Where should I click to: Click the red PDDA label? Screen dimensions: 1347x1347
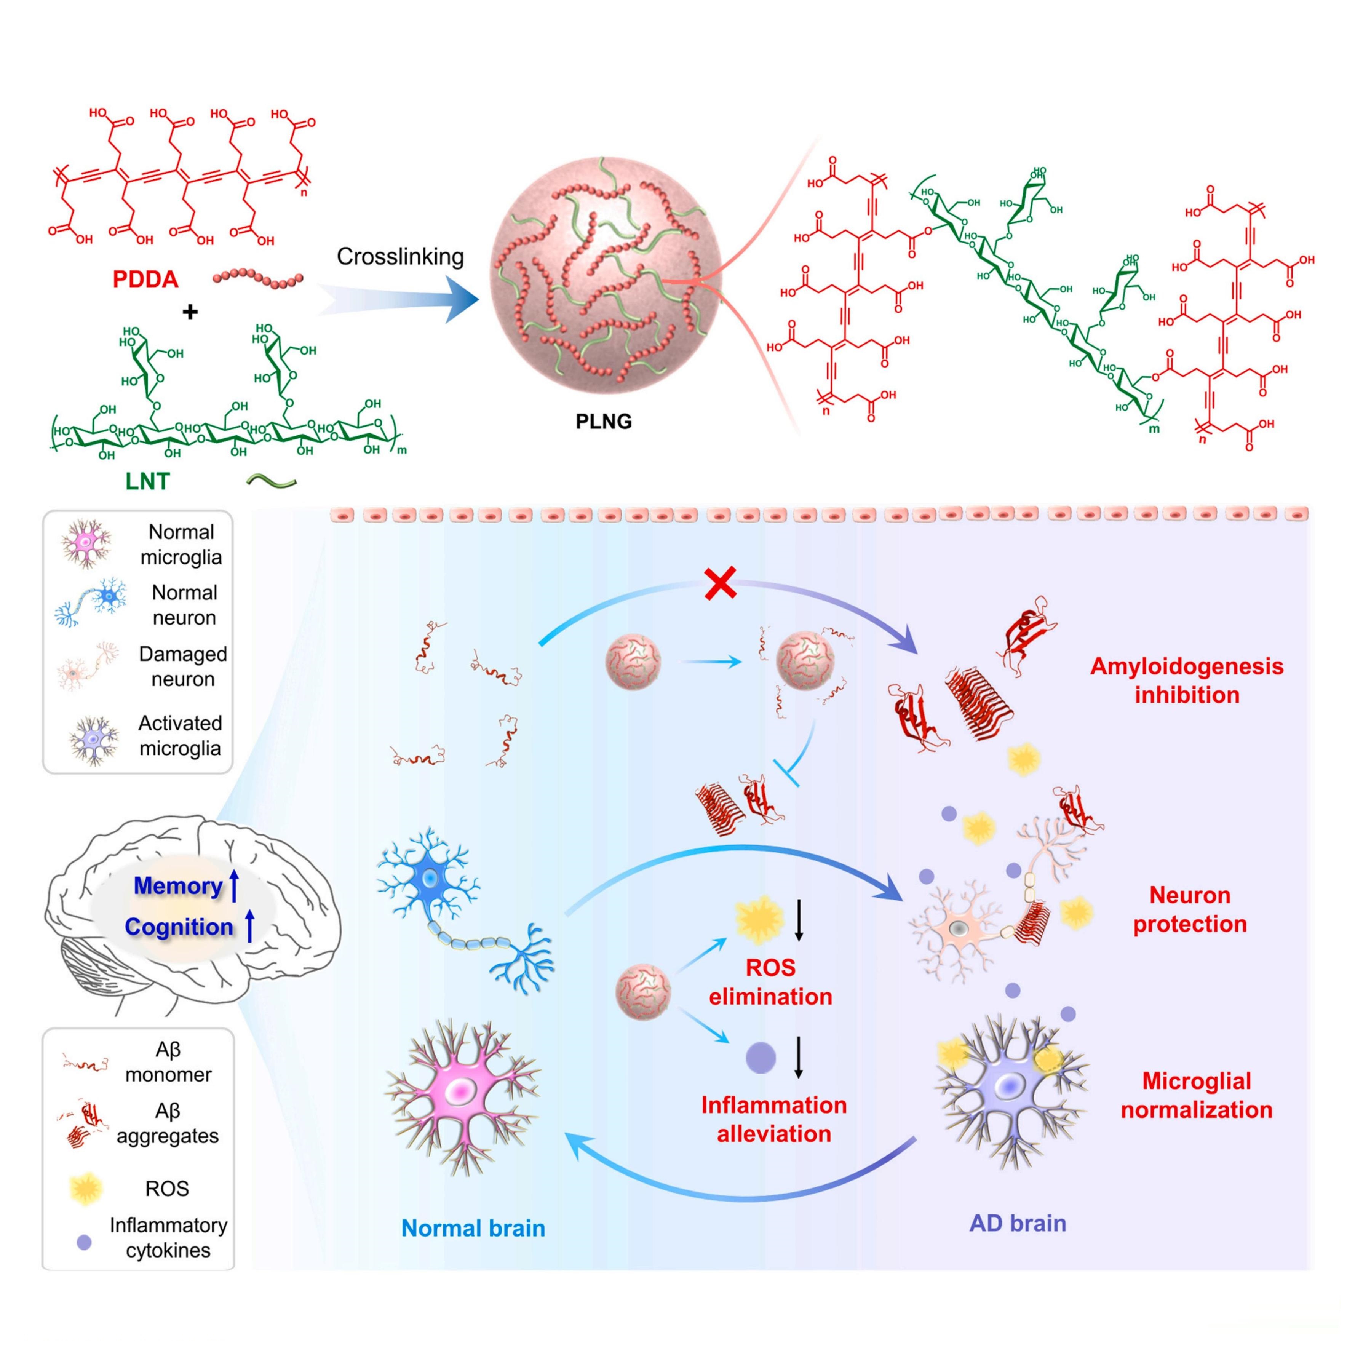146,280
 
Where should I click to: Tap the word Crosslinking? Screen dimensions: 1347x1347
400,257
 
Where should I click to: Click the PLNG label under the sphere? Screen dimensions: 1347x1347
604,421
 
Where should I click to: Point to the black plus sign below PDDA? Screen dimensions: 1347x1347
190,312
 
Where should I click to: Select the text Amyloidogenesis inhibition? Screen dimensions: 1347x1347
1187,680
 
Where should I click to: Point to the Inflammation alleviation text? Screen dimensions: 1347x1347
774,1119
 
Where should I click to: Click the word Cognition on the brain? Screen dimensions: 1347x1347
179,927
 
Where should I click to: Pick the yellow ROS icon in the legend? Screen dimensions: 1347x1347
86,1189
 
